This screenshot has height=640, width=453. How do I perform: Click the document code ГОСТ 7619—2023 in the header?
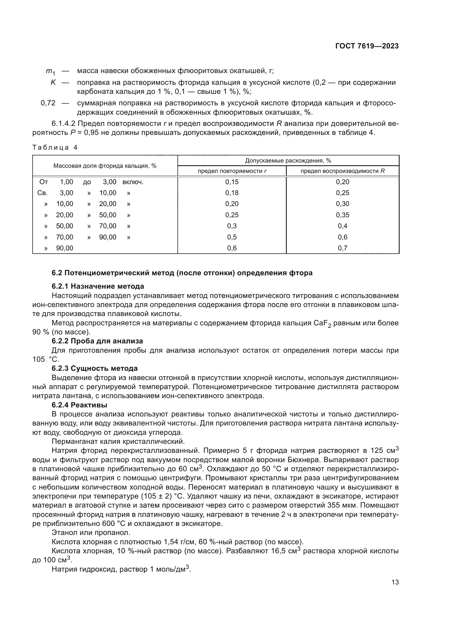[367, 46]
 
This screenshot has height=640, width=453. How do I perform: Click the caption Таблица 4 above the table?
[55, 148]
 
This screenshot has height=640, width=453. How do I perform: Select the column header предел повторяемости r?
[232, 171]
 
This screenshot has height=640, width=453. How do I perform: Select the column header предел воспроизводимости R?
[343, 171]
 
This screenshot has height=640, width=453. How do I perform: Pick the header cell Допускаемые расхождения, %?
[288, 161]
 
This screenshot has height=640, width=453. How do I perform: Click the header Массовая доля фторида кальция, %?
[105, 166]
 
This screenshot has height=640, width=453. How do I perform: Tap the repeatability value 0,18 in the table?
[232, 193]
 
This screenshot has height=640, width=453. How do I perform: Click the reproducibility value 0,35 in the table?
[343, 215]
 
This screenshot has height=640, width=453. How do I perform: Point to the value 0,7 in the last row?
[343, 248]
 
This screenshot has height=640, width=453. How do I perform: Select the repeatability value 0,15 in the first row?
[232, 182]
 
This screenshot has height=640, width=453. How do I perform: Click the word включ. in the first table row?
[133, 182]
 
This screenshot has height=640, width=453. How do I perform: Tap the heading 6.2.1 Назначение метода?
[98, 286]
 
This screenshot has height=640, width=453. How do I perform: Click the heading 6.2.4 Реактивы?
[79, 405]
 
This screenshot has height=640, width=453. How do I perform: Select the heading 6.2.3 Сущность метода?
[94, 369]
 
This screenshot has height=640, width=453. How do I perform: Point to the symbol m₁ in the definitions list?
[50, 72]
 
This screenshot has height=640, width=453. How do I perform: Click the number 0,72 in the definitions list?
[48, 103]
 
